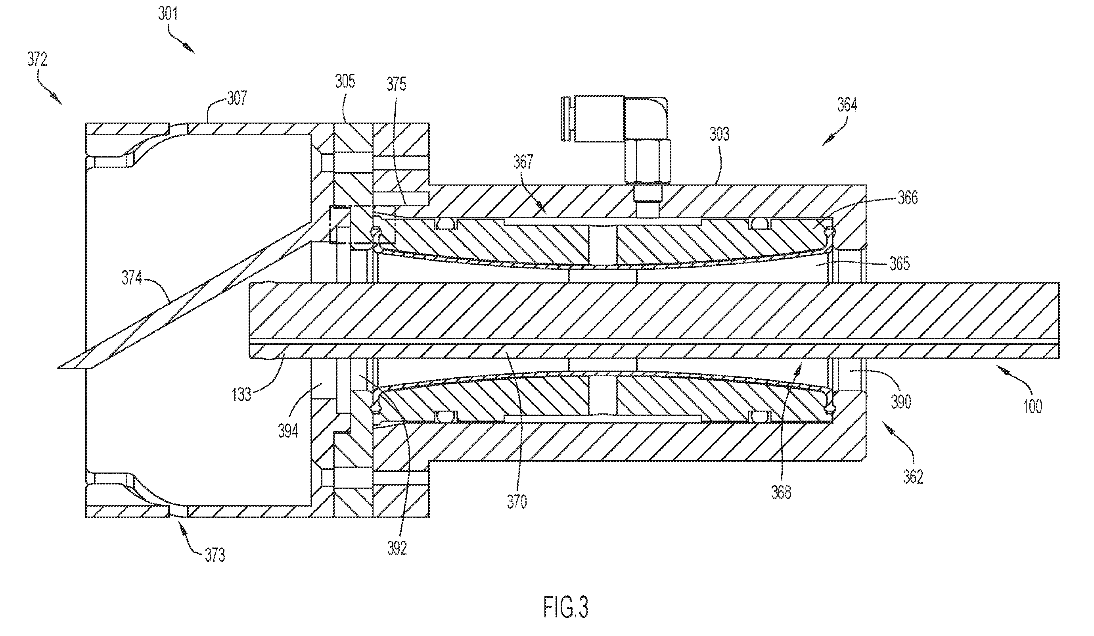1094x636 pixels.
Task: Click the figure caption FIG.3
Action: pyautogui.click(x=566, y=607)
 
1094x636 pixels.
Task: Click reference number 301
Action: pyautogui.click(x=168, y=14)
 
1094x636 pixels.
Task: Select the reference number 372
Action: pyautogui.click(x=37, y=59)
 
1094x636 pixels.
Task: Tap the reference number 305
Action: pyautogui.click(x=345, y=81)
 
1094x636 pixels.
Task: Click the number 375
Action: pyautogui.click(x=397, y=84)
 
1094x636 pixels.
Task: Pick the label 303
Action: pyautogui.click(x=719, y=134)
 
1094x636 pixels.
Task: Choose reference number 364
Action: pyautogui.click(x=847, y=105)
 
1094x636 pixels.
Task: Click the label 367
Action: pyautogui.click(x=523, y=162)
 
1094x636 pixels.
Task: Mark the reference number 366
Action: pyautogui.click(x=908, y=198)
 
